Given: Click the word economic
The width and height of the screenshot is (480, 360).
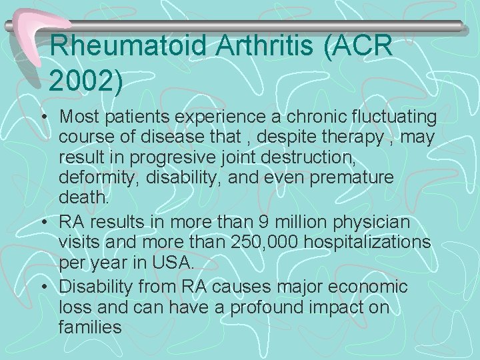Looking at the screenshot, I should pos(369,286).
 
